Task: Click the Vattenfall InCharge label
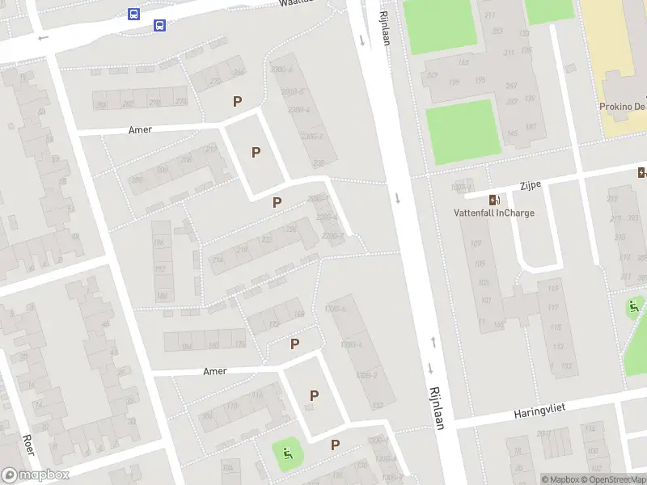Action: point(493,213)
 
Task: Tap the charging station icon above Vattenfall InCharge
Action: point(493,200)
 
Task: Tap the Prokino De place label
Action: point(621,107)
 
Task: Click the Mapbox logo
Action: point(35,474)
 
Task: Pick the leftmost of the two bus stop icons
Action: point(133,14)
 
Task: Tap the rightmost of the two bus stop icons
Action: point(160,25)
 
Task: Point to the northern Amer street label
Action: point(140,129)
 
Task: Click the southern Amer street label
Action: point(215,371)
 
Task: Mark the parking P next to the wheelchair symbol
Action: point(335,445)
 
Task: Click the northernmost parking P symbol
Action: point(237,102)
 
